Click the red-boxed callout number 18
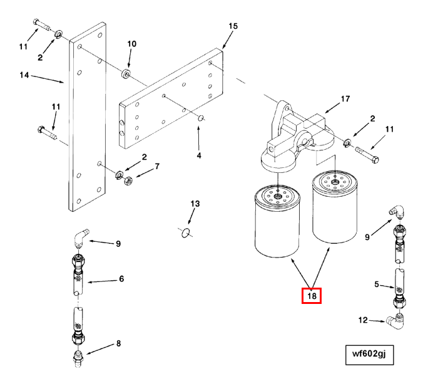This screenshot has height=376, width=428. pos(312,295)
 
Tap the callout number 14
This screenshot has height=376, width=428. pos(24,75)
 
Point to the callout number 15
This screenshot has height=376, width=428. pos(233,26)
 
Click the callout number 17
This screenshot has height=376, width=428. pos(345,99)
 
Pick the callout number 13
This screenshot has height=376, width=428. pos(195,204)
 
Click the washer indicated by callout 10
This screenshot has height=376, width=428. pos(126,76)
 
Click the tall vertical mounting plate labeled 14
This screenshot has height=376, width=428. pos(85,125)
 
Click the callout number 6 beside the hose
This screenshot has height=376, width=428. pos(121,278)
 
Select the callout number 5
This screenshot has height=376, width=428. pos(377,284)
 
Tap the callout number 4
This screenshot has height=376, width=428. pos(199,155)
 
